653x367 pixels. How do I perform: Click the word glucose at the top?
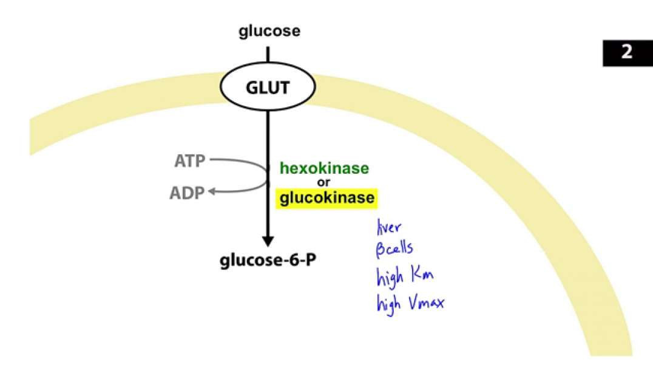269,31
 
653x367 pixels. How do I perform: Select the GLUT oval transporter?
268,89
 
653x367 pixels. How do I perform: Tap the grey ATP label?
189,161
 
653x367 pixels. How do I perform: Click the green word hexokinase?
323,168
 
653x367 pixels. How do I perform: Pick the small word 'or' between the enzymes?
324,182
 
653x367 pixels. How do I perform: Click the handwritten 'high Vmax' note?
410,301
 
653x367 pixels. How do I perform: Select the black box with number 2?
626,52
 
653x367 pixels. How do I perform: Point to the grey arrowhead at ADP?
212,192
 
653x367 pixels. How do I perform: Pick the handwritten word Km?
422,276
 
